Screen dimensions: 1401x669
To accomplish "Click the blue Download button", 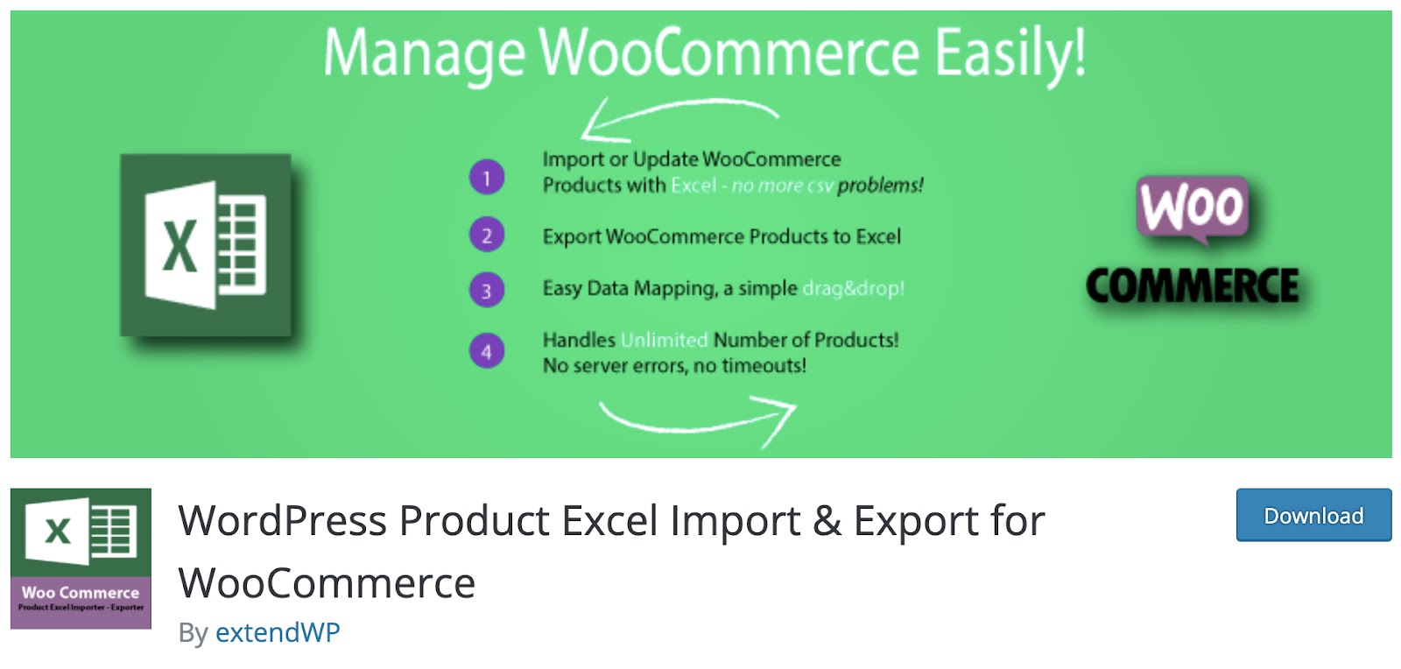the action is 1313,515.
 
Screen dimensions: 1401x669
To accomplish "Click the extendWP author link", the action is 278,632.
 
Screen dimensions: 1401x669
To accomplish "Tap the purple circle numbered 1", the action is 487,177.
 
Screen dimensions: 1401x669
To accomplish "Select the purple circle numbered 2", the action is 487,235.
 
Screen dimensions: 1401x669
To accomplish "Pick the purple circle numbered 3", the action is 487,290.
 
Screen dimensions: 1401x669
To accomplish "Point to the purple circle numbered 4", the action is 487,351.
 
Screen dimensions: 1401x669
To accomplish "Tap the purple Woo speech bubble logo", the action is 1192,209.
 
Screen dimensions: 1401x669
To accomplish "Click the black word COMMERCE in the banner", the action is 1192,285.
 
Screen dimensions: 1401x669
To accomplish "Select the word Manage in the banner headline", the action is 424,54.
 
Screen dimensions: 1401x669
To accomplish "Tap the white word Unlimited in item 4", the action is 665,340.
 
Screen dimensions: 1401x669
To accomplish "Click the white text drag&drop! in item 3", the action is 853,288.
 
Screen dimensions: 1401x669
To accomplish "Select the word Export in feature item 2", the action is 572,237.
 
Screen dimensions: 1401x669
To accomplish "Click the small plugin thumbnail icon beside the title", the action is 81,559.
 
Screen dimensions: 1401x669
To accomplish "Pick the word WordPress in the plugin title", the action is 282,520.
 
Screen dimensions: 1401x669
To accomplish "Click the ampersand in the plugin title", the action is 827,521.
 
